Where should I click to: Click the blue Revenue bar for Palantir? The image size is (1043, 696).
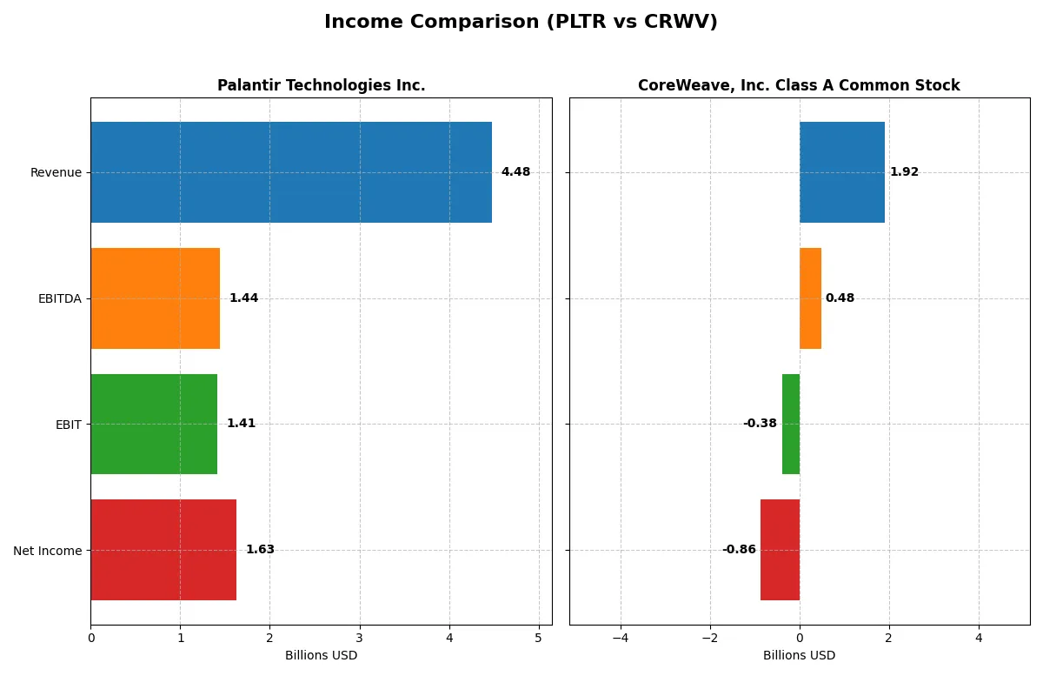coord(291,172)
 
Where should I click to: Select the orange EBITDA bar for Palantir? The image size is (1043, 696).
coord(155,298)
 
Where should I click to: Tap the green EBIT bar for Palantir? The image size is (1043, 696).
coord(154,424)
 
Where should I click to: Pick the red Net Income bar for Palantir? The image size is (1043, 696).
coord(163,550)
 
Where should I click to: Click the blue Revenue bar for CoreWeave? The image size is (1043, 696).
coord(841,172)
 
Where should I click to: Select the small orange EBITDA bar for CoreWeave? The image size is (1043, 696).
coord(810,298)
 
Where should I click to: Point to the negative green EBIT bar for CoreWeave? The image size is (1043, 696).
coord(791,424)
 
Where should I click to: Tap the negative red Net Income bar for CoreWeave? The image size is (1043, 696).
coord(780,550)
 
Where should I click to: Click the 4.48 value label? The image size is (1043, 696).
coord(515,172)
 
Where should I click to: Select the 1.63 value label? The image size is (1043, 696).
coord(260,550)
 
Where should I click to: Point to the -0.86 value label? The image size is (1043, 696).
coord(739,550)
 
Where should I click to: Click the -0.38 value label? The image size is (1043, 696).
coord(760,424)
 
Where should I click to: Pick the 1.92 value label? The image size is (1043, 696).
coord(904,172)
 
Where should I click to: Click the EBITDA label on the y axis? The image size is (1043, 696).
coord(60,298)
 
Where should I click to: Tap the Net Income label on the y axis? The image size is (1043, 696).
coord(48,551)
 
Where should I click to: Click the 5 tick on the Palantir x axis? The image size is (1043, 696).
coord(538,638)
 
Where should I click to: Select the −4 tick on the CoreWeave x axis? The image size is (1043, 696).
coord(620,638)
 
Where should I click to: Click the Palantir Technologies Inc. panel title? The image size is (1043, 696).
coord(321,85)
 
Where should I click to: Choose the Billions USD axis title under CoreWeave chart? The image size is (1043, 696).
coord(799,655)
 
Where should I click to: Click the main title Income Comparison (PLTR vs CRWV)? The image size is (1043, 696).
coord(521,22)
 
